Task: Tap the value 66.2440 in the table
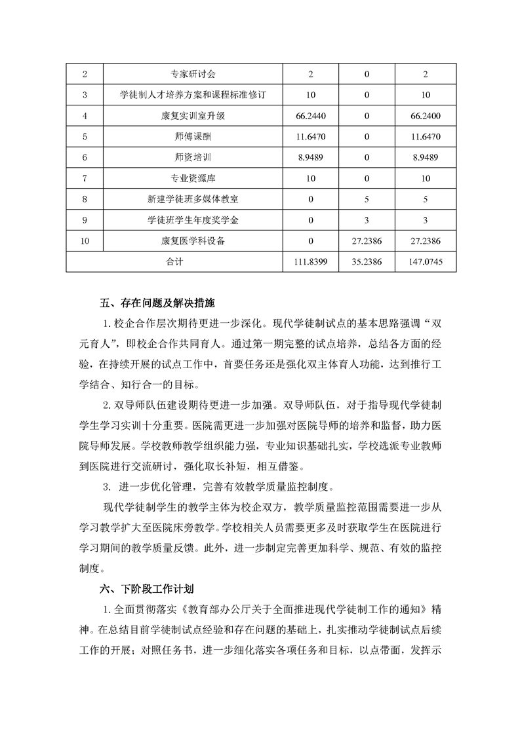tap(311, 116)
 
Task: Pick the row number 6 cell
tap(85, 158)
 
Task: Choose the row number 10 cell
tap(85, 241)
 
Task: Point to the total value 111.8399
tap(311, 261)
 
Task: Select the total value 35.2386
tap(368, 261)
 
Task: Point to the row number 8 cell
tap(85, 199)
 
